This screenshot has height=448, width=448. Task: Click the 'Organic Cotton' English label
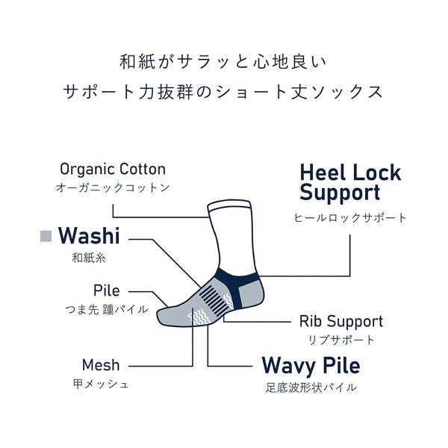click(x=113, y=169)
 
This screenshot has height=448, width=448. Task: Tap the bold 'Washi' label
click(x=89, y=236)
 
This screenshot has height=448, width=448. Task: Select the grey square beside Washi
click(x=46, y=236)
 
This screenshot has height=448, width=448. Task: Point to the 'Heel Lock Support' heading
click(x=351, y=183)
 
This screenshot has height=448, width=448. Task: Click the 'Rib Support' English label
click(x=341, y=321)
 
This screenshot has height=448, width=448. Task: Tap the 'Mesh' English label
click(x=101, y=365)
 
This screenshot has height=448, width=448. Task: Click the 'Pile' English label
click(x=106, y=290)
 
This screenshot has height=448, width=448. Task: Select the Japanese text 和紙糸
click(x=89, y=258)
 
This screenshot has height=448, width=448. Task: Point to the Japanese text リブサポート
click(x=341, y=340)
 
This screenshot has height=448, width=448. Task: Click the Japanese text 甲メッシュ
click(x=101, y=384)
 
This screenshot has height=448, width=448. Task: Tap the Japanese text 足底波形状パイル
click(x=311, y=388)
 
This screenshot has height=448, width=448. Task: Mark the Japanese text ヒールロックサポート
click(x=350, y=218)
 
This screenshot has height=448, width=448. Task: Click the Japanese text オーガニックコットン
click(x=113, y=188)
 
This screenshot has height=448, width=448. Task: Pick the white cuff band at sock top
click(x=229, y=206)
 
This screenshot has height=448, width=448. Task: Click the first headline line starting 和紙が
click(x=223, y=62)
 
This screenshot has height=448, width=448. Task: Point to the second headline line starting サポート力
click(x=223, y=93)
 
